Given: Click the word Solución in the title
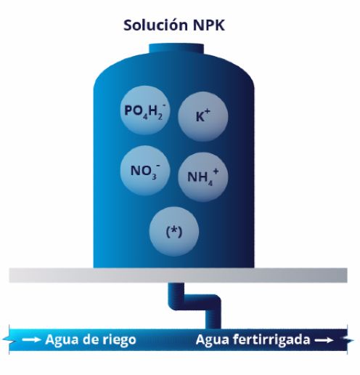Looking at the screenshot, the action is pos(156,25).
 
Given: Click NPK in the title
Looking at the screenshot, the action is pos(209,25).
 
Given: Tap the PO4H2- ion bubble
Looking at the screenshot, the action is pos(145,110).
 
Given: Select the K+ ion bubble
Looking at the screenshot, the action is pos(203,116).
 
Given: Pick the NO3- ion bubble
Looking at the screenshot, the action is pos(145,171).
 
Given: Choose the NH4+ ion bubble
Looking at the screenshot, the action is pos(203,177).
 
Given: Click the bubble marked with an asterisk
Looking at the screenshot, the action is pos(174,232).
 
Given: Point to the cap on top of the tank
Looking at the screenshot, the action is pos(176,48).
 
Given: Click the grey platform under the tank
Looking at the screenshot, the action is pos(179,275).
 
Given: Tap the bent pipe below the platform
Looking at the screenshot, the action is pos(195,302).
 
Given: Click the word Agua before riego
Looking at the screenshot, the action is pos(62,339).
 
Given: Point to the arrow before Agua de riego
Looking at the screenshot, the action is pos(31,339).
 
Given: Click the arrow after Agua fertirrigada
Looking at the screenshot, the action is pos(324,340).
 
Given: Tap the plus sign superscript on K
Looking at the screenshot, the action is pos(208,112).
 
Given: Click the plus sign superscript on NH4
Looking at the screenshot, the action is pos(216,172).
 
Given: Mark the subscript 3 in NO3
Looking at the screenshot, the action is pos(154,177).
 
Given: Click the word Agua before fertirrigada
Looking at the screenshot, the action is pos(213,339).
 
